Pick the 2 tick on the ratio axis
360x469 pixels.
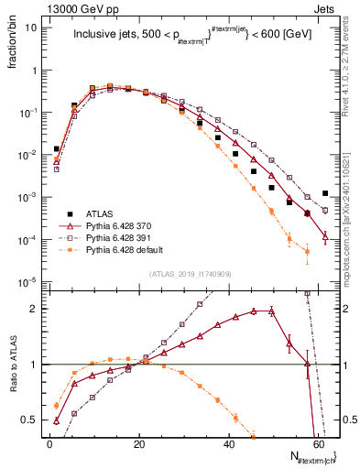click(x=32, y=309)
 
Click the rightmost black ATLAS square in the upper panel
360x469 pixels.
click(x=325, y=193)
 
